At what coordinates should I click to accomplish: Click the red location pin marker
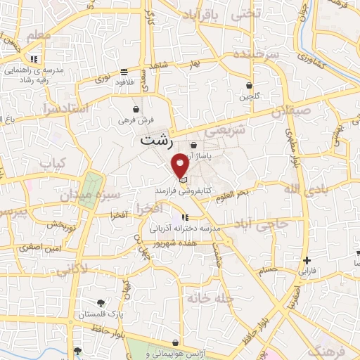click(x=181, y=165)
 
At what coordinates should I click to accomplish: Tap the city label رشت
click(x=155, y=140)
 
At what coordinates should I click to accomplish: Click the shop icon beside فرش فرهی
click(x=136, y=110)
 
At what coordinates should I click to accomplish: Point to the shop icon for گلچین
click(x=249, y=86)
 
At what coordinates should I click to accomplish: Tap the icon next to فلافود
click(x=124, y=72)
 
